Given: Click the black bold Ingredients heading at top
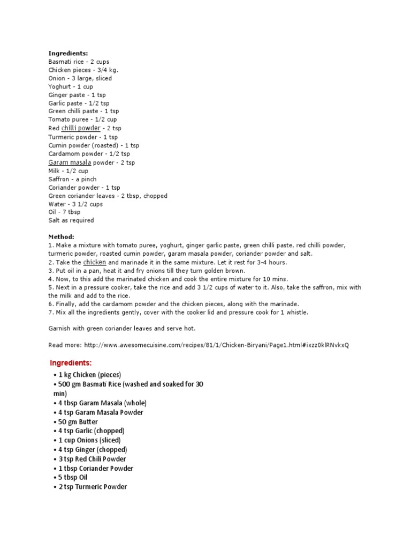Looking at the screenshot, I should click(68, 53).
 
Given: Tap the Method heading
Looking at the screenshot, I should click(62, 237).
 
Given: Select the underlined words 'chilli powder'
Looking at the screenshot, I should click(81, 128).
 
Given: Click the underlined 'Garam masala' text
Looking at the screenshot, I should click(70, 162).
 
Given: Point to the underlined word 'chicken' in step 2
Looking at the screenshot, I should click(95, 262).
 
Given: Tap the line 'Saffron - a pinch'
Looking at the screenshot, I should click(72, 179).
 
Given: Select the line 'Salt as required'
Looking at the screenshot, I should click(71, 220).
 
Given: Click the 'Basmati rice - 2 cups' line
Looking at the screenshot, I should click(79, 62).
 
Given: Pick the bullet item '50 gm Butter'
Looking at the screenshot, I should click(78, 422).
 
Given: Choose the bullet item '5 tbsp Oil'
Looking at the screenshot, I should click(73, 477).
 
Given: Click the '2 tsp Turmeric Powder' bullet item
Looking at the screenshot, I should click(93, 487).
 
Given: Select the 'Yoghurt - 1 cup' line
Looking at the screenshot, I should click(71, 87).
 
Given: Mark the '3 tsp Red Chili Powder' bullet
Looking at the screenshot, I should click(92, 459).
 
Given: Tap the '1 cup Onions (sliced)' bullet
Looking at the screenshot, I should click(89, 440).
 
